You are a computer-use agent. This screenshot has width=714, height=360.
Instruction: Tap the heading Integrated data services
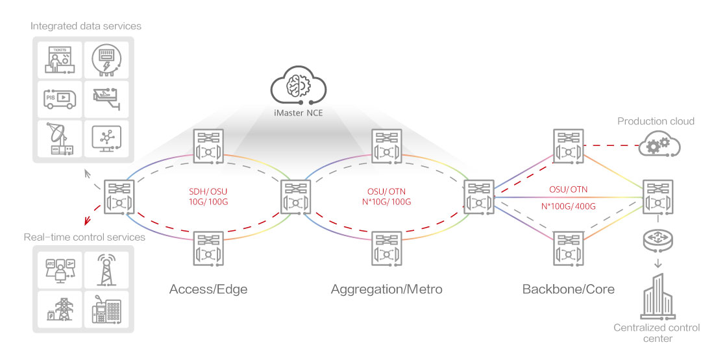86,26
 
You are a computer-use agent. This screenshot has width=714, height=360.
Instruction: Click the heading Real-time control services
84,237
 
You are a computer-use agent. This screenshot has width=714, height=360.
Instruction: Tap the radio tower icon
106,267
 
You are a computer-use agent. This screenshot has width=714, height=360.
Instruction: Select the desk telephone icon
106,309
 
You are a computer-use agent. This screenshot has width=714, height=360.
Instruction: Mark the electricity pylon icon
63,309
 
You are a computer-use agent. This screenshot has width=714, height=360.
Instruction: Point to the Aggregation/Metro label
386,289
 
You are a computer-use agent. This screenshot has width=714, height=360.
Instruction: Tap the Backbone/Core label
568,289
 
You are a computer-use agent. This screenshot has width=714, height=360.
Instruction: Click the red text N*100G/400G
568,206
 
